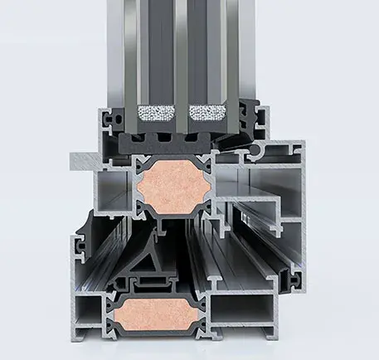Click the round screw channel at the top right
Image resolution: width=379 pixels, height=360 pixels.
tap(257, 150)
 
